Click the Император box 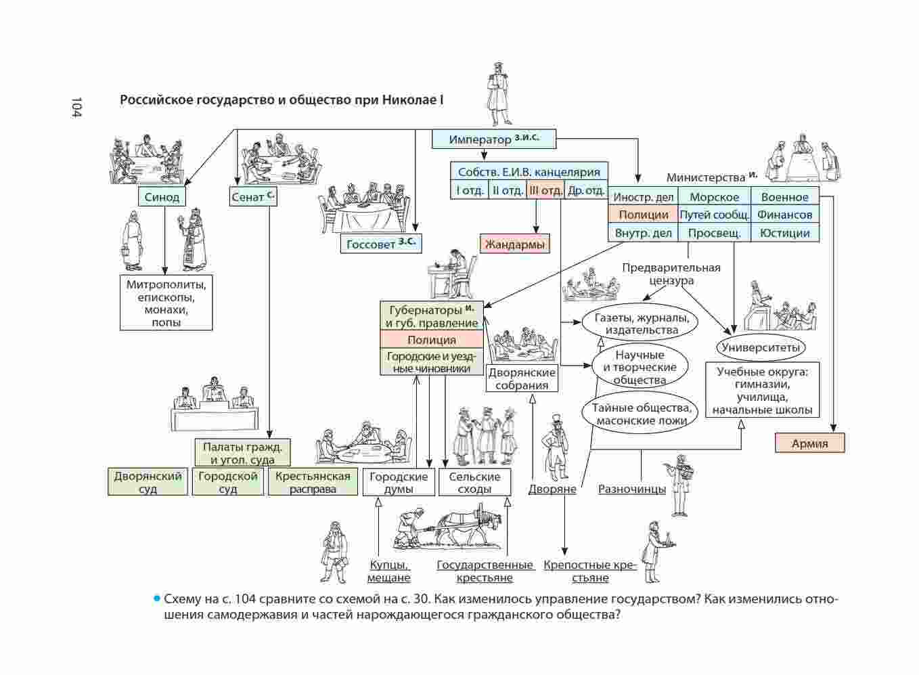[494, 139]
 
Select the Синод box [162, 197]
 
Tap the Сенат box [252, 197]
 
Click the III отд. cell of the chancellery [545, 190]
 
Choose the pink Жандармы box [514, 244]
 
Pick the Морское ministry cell [714, 197]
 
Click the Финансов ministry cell [784, 215]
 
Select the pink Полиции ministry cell [643, 215]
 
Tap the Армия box [810, 443]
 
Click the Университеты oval [761, 348]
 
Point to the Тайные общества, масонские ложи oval [641, 414]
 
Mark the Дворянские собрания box [522, 378]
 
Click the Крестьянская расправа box [313, 482]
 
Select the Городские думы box [398, 482]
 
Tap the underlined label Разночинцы [631, 489]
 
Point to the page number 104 [75, 108]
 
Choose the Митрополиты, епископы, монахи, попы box [166, 303]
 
